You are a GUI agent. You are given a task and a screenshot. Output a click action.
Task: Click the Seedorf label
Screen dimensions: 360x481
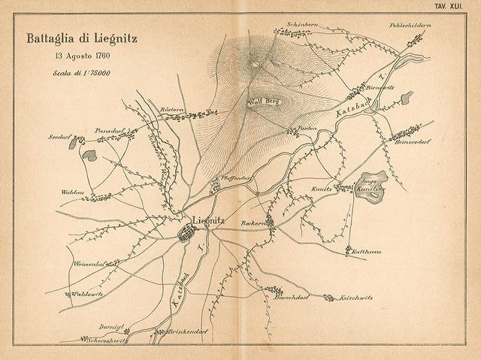[x=59, y=138]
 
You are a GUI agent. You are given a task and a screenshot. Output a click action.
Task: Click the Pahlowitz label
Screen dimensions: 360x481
[x=89, y=294]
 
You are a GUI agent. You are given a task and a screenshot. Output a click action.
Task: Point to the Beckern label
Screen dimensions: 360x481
[x=253, y=222]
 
